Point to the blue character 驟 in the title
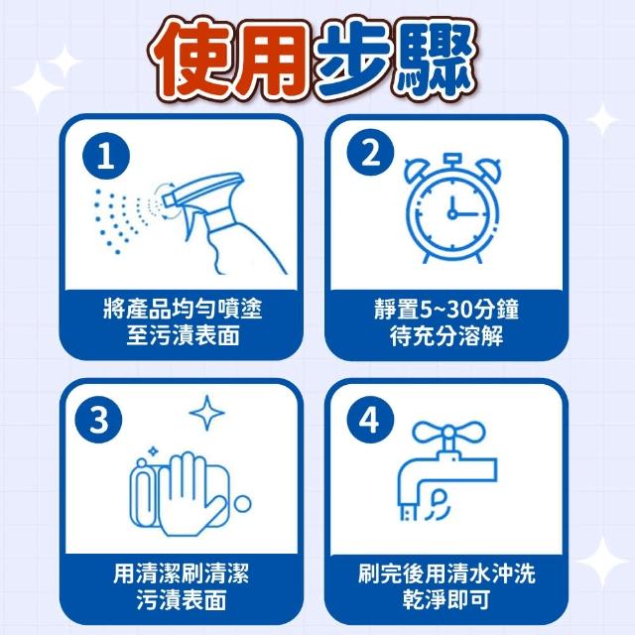click(437, 60)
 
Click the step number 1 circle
click(106, 156)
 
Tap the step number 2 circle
click(370, 153)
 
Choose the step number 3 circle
click(98, 419)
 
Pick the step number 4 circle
click(370, 419)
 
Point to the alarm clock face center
click(452, 213)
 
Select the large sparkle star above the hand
click(207, 413)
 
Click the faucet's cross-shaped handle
click(448, 433)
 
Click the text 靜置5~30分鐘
click(446, 309)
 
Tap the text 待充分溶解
click(446, 335)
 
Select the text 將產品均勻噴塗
click(183, 309)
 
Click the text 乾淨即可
click(446, 599)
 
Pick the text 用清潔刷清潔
click(181, 573)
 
